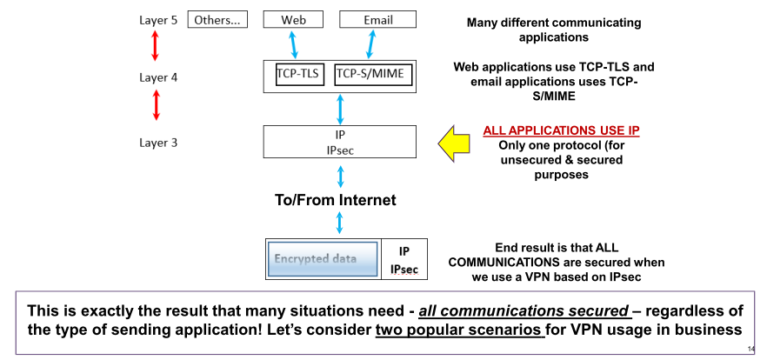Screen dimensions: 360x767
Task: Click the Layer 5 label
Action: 158,20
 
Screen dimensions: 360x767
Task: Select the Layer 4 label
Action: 158,77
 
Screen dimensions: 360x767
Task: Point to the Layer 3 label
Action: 158,143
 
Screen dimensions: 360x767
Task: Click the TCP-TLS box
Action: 298,76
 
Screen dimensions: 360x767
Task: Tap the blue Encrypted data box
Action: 323,259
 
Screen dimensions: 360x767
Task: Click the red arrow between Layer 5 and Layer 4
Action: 156,45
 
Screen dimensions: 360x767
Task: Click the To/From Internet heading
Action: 335,200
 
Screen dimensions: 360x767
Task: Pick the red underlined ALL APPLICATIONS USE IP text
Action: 561,130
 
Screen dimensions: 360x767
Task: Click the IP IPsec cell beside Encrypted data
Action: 403,259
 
